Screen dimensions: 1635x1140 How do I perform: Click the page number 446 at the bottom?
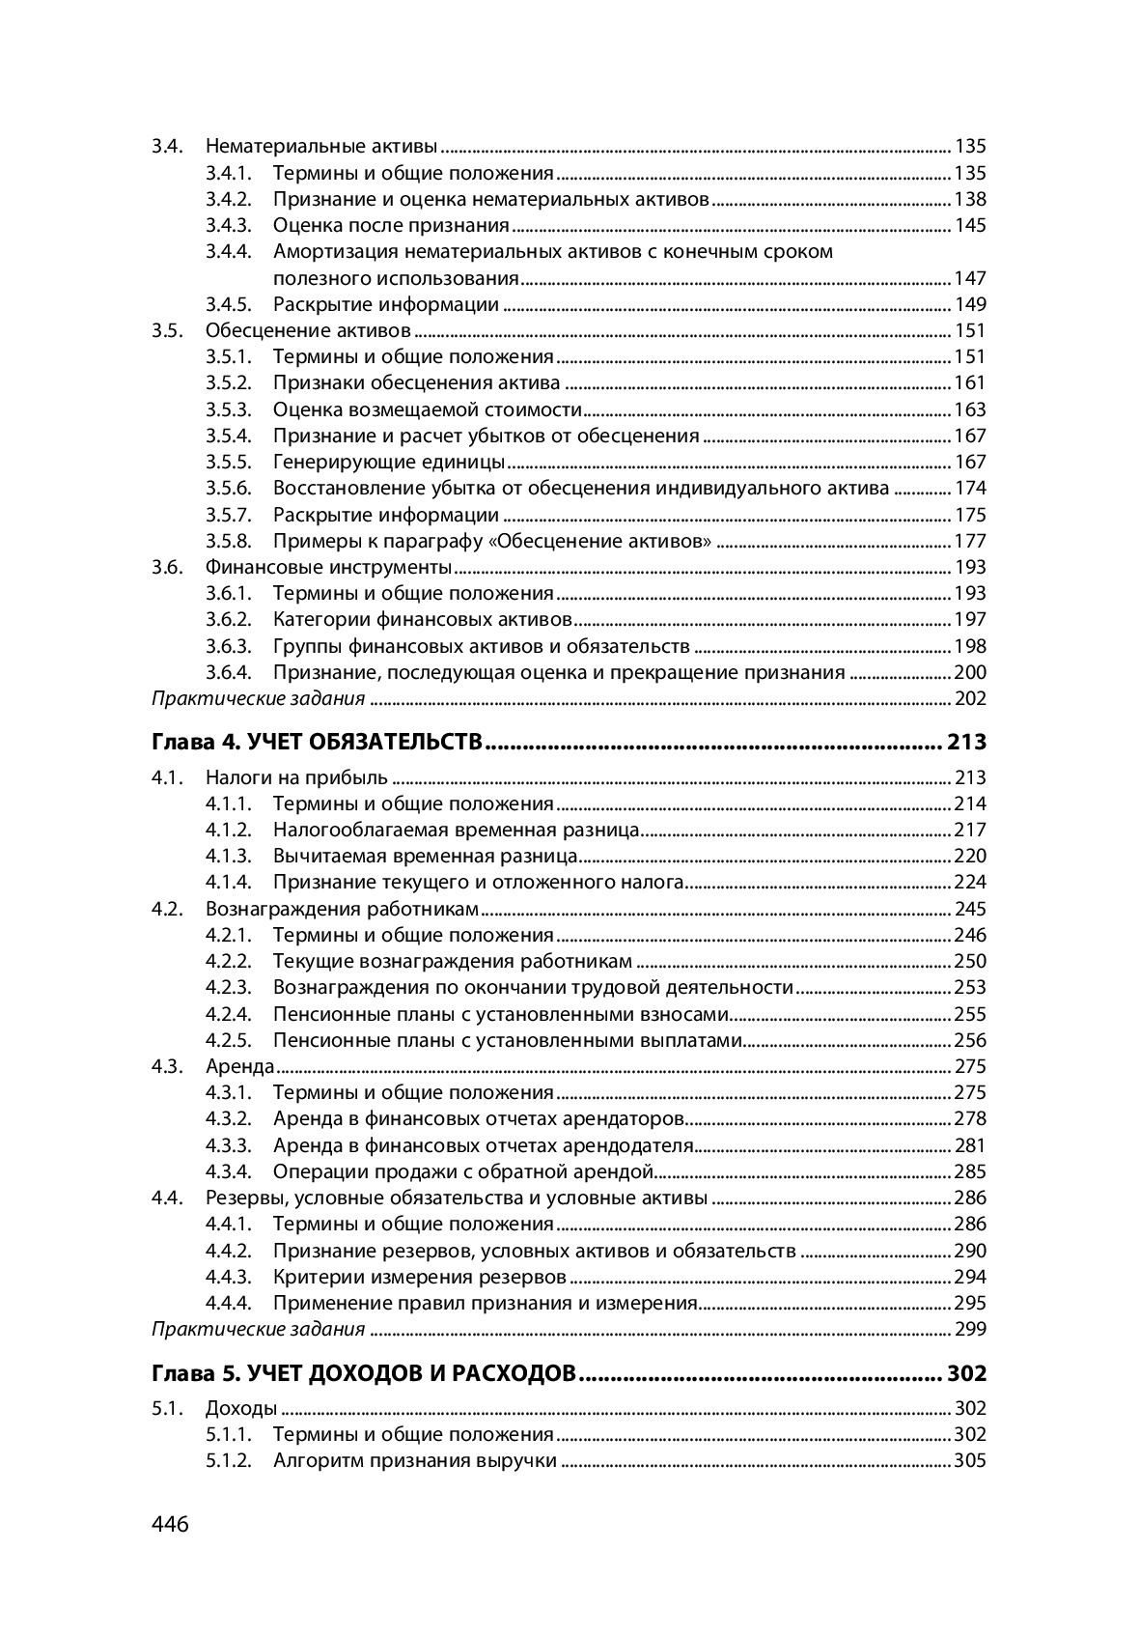170,1525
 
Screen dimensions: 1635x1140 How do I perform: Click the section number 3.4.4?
228,252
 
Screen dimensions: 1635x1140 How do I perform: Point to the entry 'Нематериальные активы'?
321,147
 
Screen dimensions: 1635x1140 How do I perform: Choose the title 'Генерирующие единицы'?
388,462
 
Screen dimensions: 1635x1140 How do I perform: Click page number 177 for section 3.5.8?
969,541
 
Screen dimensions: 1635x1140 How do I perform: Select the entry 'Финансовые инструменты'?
328,567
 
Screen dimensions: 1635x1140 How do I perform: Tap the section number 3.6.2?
228,619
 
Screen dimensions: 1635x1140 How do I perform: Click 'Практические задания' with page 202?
259,698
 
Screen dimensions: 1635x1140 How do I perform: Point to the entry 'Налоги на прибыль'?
296,777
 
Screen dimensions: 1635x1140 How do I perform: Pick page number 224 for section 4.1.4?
969,882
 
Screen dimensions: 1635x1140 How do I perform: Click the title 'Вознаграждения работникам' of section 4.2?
342,909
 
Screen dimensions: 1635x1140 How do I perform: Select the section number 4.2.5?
228,1040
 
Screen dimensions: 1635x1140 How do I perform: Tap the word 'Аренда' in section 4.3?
240,1066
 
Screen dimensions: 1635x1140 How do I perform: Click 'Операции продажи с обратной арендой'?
463,1171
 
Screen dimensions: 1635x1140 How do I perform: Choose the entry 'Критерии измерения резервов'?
419,1277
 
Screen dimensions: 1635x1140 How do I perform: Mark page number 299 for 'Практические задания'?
969,1329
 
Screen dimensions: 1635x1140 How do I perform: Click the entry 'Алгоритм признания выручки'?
414,1460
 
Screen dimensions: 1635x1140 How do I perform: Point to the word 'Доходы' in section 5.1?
241,1408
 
